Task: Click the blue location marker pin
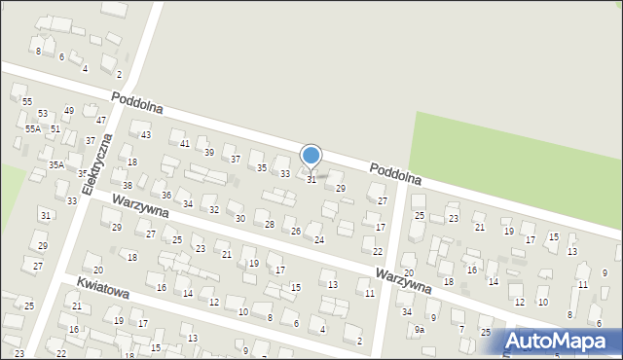[311, 157]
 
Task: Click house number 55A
[33, 128]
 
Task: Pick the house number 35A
[56, 165]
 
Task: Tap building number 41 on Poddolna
[185, 143]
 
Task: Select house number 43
[146, 135]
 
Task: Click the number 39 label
[208, 153]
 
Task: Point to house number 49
[69, 111]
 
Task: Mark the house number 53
[43, 114]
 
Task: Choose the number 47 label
[101, 121]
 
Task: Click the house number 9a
[420, 330]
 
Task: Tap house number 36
[166, 196]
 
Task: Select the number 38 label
[128, 185]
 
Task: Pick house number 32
[214, 210]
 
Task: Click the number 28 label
[270, 225]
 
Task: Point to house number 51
[55, 128]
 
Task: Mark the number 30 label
[240, 218]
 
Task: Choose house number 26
[296, 232]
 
